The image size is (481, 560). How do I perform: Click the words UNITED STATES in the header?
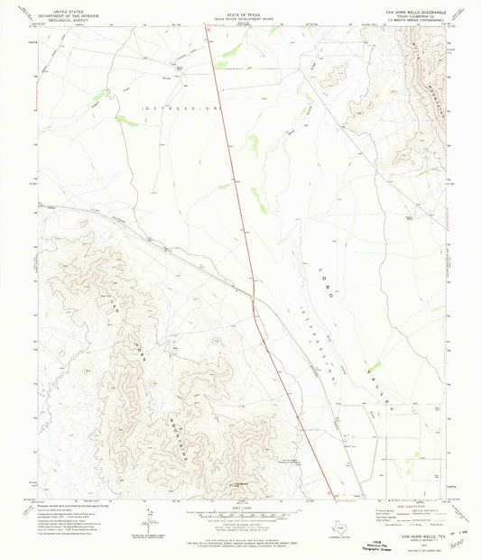69,8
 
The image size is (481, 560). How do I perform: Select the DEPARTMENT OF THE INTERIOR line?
69,13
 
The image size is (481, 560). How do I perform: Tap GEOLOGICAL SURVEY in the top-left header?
69,17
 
